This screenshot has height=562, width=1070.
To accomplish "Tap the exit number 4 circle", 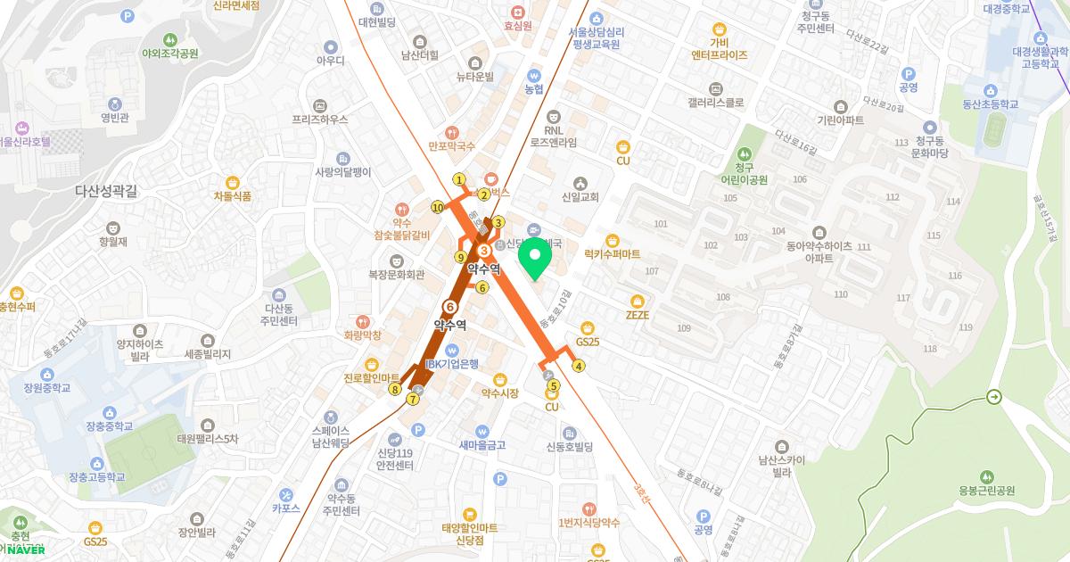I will click(579, 365).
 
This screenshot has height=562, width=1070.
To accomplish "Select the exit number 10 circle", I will click(438, 208).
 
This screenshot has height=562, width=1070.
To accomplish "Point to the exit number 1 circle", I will click(459, 179).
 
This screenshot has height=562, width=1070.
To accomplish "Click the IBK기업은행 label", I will click(452, 363).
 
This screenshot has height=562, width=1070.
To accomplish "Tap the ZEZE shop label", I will click(637, 315).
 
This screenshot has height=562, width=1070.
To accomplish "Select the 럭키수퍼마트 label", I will click(612, 254).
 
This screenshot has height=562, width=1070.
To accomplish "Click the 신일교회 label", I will click(580, 197).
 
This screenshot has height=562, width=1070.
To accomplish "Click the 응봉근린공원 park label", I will click(987, 491).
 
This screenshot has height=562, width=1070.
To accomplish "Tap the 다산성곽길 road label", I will click(105, 190).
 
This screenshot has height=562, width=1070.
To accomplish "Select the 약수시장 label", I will click(499, 393).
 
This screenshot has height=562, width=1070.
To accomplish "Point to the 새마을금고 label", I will click(482, 445).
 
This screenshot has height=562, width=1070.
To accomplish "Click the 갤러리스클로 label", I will click(715, 103).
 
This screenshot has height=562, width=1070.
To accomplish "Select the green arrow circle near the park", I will click(994, 397).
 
